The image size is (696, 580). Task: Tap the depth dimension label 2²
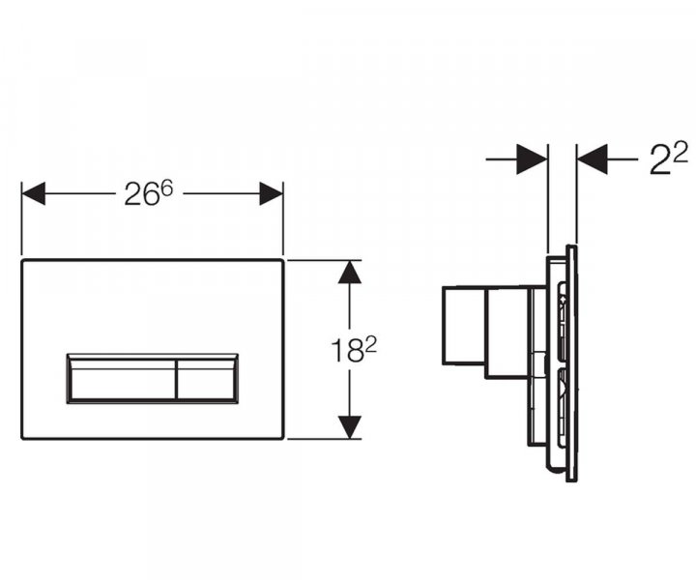click(x=667, y=159)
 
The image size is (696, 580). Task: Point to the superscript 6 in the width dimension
click(x=165, y=186)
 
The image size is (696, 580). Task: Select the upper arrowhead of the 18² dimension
click(x=350, y=272)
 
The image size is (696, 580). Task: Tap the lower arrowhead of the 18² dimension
click(x=350, y=426)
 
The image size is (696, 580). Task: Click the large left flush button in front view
click(x=121, y=378)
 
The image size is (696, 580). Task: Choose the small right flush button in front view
click(x=207, y=378)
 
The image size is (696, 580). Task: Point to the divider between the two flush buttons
click(x=176, y=378)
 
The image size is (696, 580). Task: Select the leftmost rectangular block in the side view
click(x=463, y=325)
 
